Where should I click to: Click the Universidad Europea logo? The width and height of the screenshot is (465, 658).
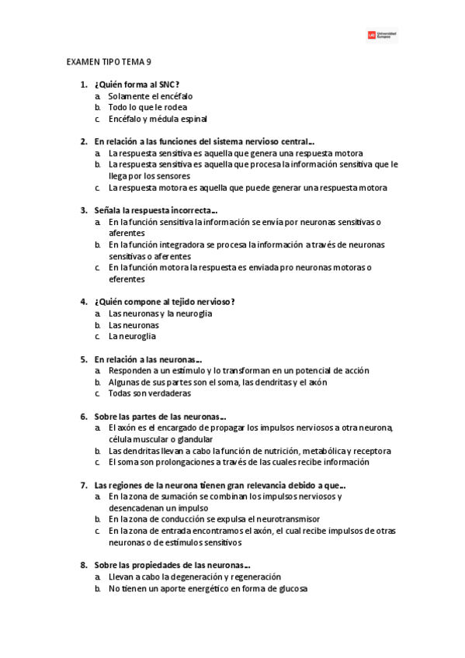[x=381, y=35]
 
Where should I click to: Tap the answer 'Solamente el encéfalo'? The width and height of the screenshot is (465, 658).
[x=151, y=96]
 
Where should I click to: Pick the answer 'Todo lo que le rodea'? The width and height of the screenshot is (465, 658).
[x=147, y=108]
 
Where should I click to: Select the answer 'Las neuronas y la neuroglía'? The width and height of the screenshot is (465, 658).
[x=160, y=313]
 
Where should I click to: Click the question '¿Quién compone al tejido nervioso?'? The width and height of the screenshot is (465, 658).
[x=165, y=301]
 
